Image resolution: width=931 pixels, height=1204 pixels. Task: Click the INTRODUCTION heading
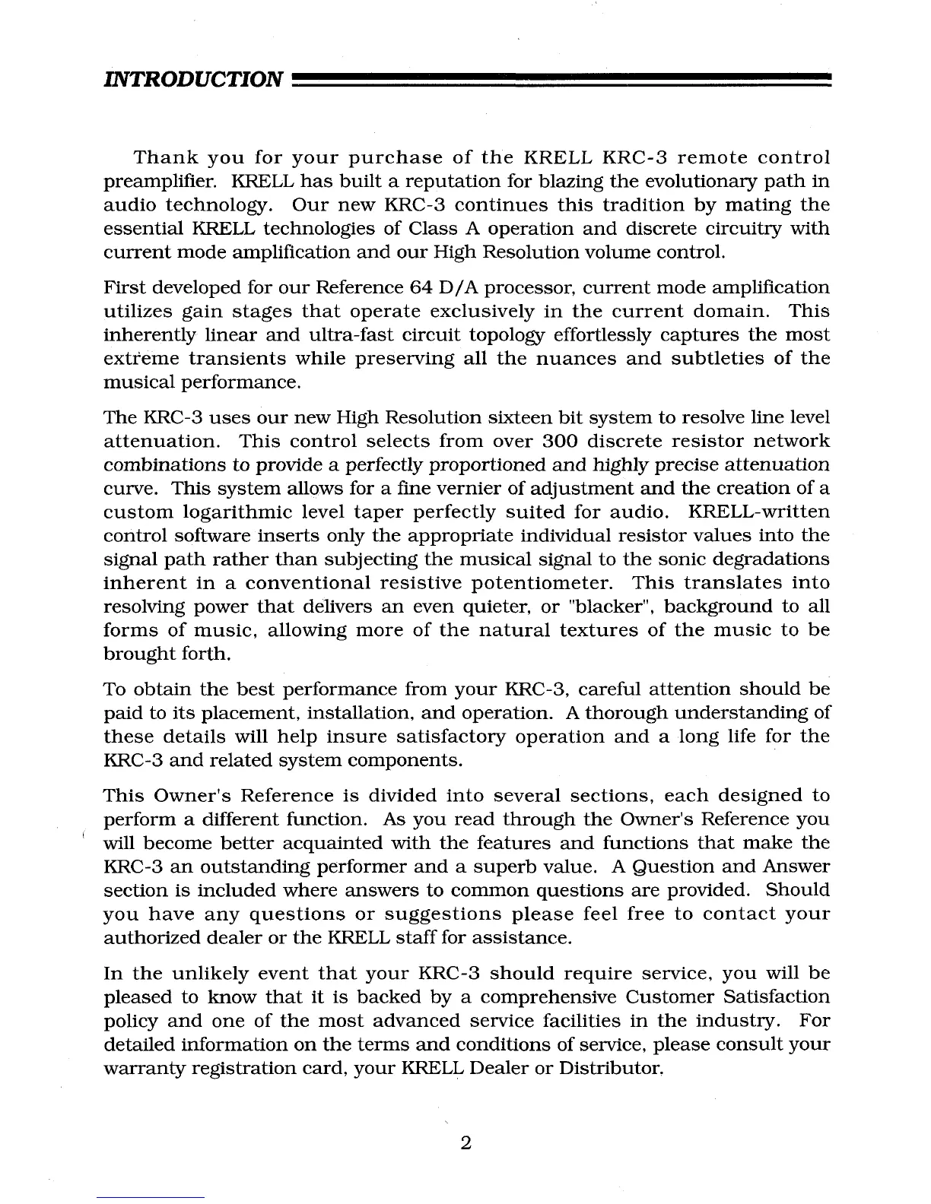(193, 78)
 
